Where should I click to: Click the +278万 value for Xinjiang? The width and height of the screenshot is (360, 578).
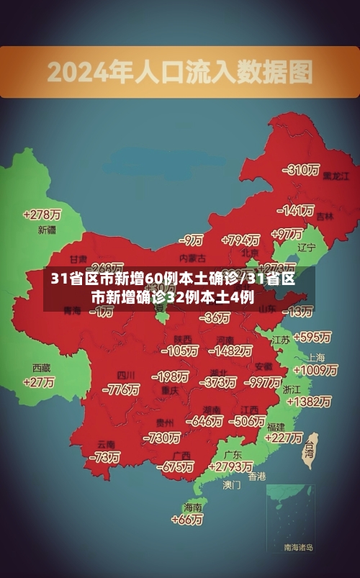(x=42, y=215)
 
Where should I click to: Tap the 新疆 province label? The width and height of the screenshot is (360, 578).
(x=47, y=230)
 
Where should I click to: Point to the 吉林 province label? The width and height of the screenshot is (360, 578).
(x=325, y=216)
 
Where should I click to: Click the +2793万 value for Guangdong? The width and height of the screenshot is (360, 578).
(x=229, y=467)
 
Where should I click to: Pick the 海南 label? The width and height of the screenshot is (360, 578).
(x=193, y=507)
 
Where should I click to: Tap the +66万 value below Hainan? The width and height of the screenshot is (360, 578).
(x=188, y=519)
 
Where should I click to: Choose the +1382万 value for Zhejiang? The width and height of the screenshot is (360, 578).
(x=308, y=402)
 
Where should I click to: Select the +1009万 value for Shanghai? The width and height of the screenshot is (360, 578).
(x=315, y=370)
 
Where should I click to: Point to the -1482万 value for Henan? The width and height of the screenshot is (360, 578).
(x=230, y=351)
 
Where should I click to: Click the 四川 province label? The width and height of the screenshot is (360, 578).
(x=126, y=375)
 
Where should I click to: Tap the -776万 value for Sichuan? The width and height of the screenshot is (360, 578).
(x=121, y=389)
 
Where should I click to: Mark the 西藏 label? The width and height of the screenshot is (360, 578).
(x=41, y=368)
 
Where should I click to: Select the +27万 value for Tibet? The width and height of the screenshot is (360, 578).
(x=39, y=382)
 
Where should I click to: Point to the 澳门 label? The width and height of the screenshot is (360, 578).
(x=232, y=485)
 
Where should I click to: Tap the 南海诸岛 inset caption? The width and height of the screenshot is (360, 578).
(x=299, y=548)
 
